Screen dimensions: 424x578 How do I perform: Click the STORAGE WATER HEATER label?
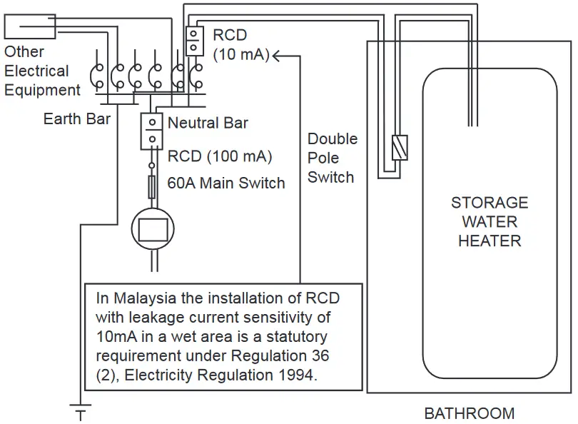pos(490,222)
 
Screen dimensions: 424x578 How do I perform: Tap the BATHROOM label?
pos(469,413)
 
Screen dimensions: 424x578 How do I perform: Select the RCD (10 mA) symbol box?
pos(193,41)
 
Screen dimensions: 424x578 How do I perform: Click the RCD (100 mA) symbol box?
pos(152,131)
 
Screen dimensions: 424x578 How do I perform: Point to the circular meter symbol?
pos(153,229)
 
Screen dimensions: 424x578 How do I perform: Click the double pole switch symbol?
pos(400,148)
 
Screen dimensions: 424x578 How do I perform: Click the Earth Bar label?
pos(76,118)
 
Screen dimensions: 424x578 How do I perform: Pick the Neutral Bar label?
pos(208,123)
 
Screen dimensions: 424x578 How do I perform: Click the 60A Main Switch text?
pos(225,183)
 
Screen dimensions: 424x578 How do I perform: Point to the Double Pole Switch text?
pos(332,158)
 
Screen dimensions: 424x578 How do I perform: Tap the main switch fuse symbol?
pos(152,187)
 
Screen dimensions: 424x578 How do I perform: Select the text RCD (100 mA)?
pos(220,156)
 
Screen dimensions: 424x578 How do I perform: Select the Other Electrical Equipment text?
pos(41,71)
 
